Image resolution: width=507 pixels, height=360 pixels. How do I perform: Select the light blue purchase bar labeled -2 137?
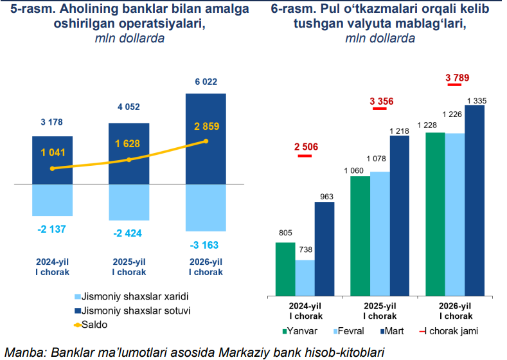(52, 200)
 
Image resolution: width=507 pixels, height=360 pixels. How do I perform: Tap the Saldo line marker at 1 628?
(129, 159)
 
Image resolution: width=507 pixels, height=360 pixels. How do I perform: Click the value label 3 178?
(52, 122)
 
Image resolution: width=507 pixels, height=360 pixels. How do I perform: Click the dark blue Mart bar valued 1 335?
(474, 200)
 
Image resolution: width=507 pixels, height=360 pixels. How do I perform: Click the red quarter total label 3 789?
(457, 78)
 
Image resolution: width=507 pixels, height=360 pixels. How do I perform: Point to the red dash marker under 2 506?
(306, 157)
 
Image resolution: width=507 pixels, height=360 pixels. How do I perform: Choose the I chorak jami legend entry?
(453, 331)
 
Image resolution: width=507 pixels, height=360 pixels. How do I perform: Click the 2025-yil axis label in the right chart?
(380, 310)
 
